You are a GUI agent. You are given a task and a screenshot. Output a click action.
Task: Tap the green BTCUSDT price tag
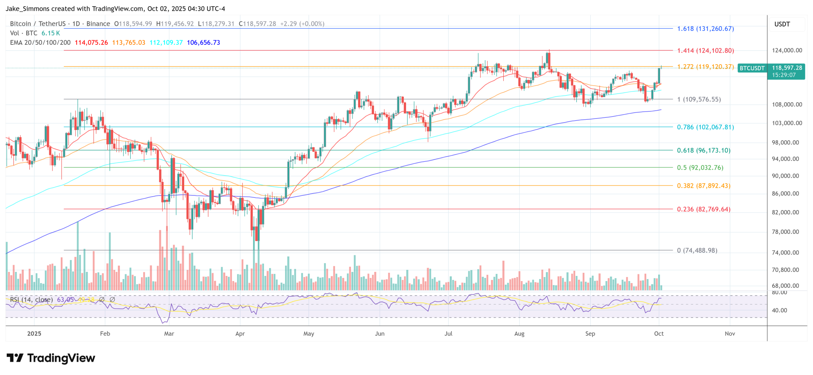tap(751, 68)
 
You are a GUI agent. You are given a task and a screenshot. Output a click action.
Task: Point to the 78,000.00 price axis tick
tap(785, 232)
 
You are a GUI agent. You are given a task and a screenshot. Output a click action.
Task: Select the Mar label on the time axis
tap(169, 334)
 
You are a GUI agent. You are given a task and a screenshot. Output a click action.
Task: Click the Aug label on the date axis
tap(519, 334)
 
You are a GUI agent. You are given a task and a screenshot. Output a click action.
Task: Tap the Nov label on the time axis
tap(730, 334)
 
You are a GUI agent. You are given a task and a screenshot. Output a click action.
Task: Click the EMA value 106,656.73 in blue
tap(203, 42)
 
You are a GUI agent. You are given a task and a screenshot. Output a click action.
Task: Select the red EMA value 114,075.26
tap(91, 42)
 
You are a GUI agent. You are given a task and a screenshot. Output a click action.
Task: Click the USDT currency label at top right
tap(782, 24)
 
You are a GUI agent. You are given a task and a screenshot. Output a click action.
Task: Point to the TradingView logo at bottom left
tap(51, 358)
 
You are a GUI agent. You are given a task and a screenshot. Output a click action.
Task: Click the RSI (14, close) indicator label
tap(31, 300)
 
